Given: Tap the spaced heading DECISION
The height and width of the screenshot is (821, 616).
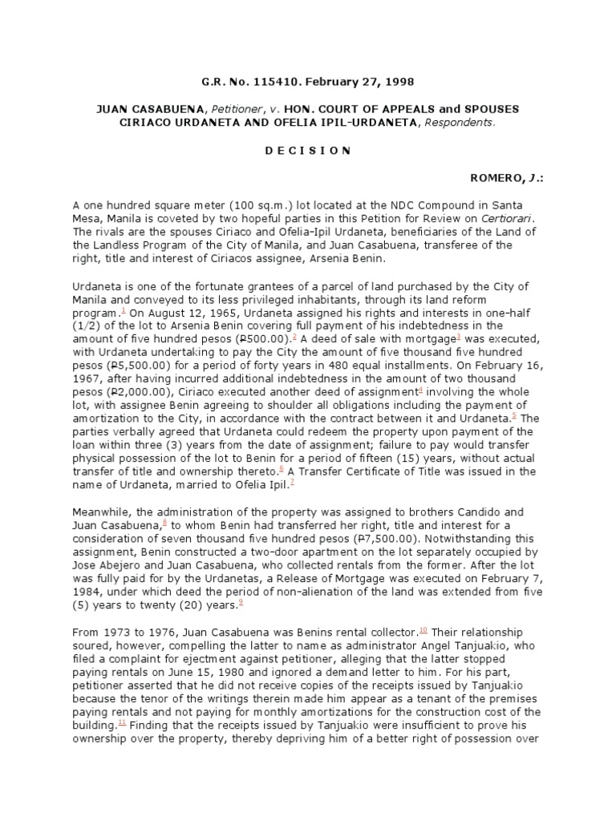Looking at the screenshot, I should (x=307, y=149).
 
